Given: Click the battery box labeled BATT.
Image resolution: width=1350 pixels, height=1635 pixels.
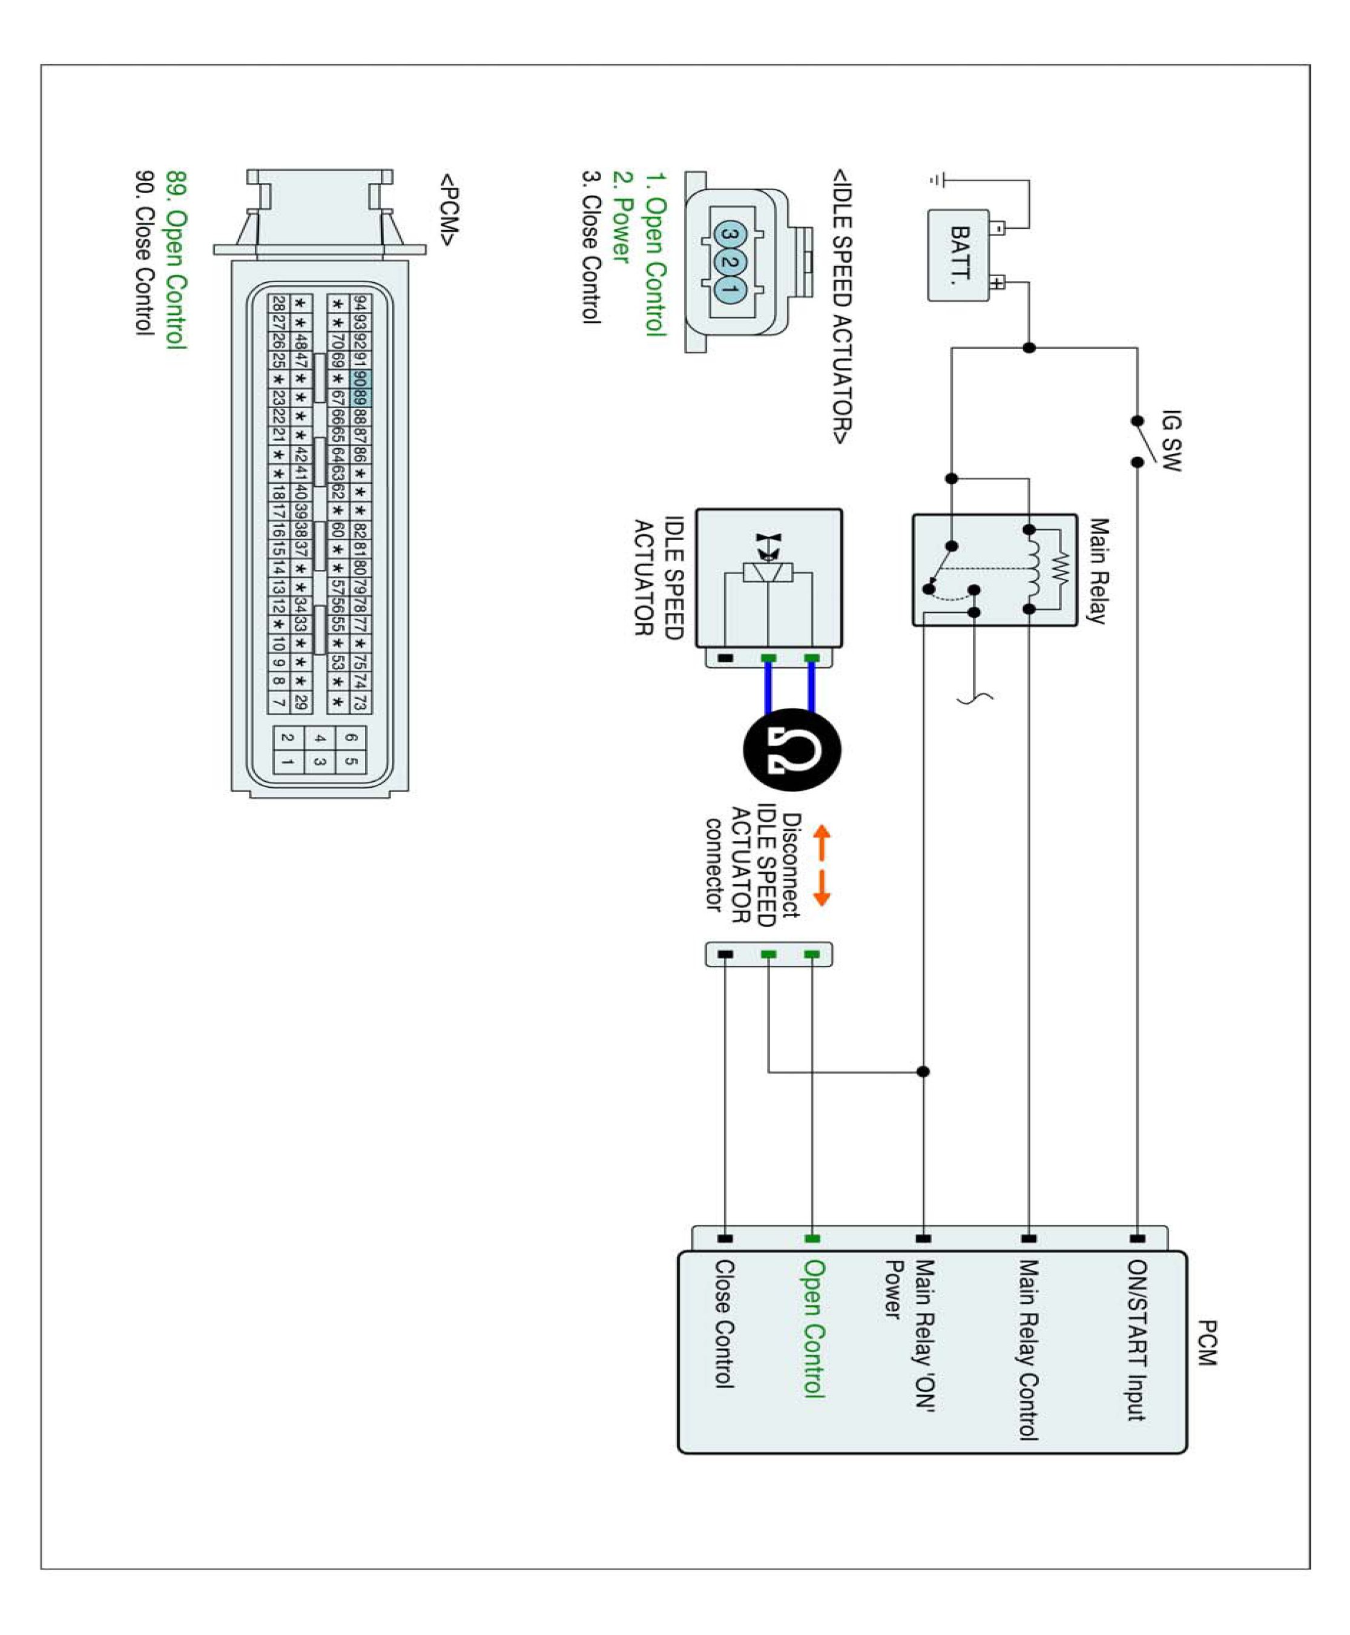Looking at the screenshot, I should [x=959, y=254].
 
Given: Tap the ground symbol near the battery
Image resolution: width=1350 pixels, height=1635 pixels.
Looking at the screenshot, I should [x=938, y=180].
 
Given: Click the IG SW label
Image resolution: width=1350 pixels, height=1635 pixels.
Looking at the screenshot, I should [x=1170, y=440].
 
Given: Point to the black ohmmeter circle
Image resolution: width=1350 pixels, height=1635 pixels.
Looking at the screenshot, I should [x=792, y=750].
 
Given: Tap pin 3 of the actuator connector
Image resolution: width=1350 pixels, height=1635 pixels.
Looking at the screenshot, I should [x=729, y=233].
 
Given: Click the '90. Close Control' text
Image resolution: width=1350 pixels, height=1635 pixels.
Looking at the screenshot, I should [x=145, y=253].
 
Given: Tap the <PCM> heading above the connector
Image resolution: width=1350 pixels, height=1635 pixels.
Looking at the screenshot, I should [x=449, y=210].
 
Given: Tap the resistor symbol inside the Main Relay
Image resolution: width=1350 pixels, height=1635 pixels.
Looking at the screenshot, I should [x=1061, y=569].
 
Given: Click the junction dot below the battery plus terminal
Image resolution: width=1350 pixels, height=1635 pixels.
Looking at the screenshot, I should [x=1029, y=348].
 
